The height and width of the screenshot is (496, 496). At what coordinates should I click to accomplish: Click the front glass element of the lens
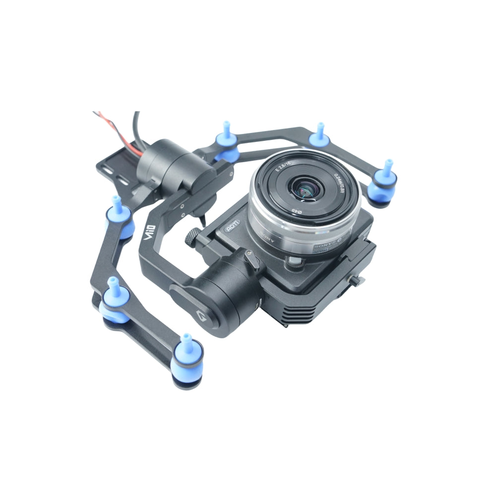click(x=304, y=189)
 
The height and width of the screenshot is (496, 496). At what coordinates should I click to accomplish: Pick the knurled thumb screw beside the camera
click(x=192, y=238)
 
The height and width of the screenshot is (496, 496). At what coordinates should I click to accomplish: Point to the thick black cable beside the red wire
click(x=137, y=124)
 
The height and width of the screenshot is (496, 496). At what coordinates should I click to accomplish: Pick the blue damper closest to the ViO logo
click(x=120, y=219)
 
